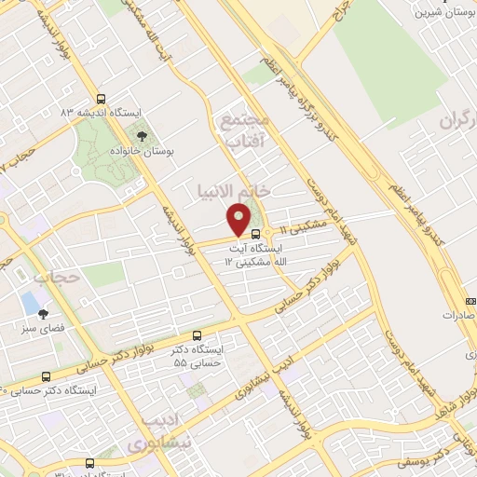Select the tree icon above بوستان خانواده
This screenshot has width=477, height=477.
click(142, 136)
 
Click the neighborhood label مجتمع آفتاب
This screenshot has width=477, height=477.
click(245, 131)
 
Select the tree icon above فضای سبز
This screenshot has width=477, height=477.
click(42, 315)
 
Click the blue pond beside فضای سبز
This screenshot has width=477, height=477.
click(30, 303)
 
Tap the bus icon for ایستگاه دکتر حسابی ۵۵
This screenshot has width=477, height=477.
click(197, 335)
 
